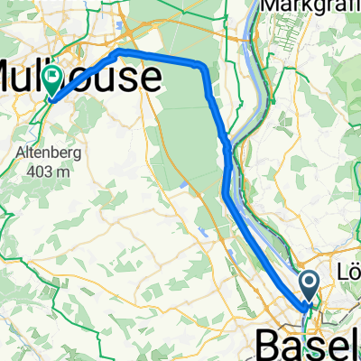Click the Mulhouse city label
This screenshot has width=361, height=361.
pyautogui.click(x=81, y=77)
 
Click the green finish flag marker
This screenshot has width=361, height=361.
pyautogui.click(x=55, y=82)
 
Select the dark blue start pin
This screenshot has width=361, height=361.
pyautogui.click(x=309, y=288)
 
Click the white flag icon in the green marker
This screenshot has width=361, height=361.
pyautogui.click(x=55, y=79)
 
